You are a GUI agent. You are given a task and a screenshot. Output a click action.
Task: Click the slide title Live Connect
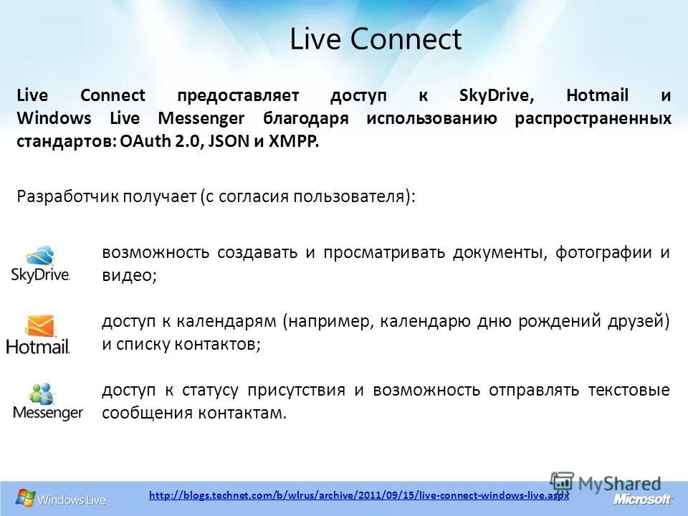pyautogui.click(x=376, y=39)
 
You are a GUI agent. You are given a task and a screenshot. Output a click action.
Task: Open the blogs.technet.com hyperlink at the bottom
pyautogui.click(x=358, y=495)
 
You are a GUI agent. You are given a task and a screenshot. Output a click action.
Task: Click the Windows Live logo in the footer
pyautogui.click(x=61, y=498)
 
